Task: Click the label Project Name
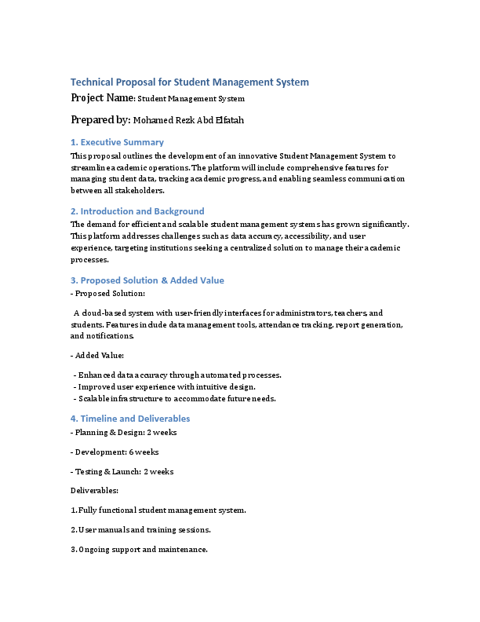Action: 102,98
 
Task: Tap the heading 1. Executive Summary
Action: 117,142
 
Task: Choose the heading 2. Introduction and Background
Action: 137,211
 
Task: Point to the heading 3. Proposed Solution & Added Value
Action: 147,280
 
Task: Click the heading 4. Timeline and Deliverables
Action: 130,419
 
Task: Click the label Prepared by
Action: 100,119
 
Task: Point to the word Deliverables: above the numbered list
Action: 94,490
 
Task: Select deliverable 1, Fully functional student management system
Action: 158,510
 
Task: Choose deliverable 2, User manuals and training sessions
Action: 140,529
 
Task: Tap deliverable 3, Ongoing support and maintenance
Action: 139,549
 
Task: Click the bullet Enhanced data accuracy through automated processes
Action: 178,375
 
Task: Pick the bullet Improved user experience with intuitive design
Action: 165,386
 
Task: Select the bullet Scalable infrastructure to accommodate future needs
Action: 176,398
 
